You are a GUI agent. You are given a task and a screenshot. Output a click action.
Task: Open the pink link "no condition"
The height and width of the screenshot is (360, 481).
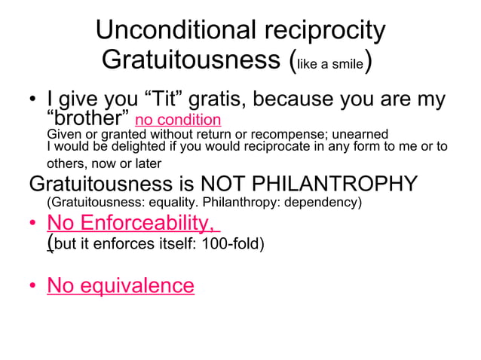pos(178,120)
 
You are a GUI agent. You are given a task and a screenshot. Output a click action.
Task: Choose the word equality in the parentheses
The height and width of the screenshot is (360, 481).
pos(161,203)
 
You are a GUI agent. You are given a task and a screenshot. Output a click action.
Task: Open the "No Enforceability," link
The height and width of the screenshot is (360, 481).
pos(133,224)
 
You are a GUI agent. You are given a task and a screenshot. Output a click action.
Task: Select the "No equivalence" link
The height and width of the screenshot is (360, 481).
pos(121,285)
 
